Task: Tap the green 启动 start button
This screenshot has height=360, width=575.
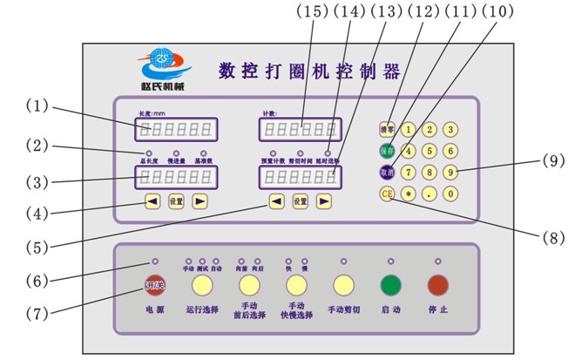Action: (389, 286)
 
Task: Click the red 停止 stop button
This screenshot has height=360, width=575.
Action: (436, 286)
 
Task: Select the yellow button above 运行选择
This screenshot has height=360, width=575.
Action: (203, 286)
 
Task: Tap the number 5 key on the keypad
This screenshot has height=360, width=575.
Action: (430, 151)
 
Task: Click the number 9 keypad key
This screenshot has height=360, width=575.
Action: (450, 172)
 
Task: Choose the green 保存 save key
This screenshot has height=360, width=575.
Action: (387, 151)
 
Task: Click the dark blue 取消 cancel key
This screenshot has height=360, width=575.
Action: (387, 172)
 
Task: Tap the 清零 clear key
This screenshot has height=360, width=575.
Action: (387, 130)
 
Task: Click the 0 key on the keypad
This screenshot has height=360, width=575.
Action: (450, 194)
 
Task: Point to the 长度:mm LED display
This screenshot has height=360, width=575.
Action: (176, 130)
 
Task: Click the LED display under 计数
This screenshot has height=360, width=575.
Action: (299, 130)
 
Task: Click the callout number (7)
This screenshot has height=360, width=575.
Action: (36, 310)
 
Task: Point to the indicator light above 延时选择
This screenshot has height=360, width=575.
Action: (328, 154)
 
